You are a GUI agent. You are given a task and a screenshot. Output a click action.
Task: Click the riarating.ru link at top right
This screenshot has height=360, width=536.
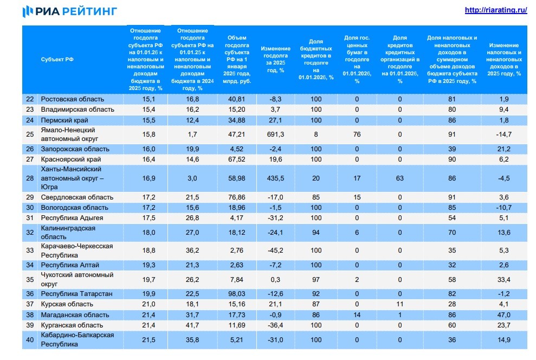pyautogui.click(x=496, y=10)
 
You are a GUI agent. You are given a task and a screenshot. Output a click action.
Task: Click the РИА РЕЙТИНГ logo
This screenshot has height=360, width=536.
pyautogui.click(x=69, y=11)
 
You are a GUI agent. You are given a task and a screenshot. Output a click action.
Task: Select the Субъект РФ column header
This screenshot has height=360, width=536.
pyautogui.click(x=57, y=60)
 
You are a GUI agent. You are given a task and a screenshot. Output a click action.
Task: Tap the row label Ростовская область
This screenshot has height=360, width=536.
pyautogui.click(x=73, y=99)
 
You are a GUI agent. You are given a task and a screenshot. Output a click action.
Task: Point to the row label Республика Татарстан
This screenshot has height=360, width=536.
pyautogui.click(x=77, y=294)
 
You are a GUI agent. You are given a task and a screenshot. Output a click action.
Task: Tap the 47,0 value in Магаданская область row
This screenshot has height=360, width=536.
pyautogui.click(x=504, y=314)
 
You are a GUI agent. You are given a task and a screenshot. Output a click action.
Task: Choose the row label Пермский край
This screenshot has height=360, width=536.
pyautogui.click(x=64, y=120)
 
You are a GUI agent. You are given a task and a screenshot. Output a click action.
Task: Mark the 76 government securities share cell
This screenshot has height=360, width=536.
pyautogui.click(x=357, y=134)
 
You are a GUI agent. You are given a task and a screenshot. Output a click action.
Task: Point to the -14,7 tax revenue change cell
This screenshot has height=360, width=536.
pyautogui.click(x=504, y=134)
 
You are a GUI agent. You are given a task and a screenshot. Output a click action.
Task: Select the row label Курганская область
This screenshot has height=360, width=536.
pyautogui.click(x=72, y=325)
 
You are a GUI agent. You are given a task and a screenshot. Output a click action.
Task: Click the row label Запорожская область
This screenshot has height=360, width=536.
pyautogui.click(x=75, y=149)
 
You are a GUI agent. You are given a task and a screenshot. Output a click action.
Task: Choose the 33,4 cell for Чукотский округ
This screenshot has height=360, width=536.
pyautogui.click(x=504, y=279)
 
